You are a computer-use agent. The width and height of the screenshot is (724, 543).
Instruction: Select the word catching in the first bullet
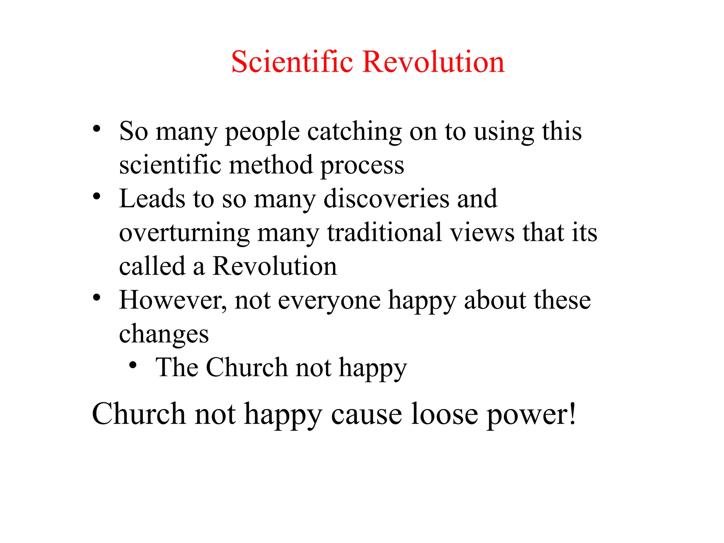tap(354, 132)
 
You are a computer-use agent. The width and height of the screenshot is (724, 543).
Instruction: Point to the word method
tap(271, 165)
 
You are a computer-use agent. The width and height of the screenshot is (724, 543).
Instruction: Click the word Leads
tap(152, 199)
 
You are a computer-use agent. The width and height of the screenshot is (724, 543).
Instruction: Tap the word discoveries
tap(386, 199)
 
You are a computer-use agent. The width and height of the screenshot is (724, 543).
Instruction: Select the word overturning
tap(184, 233)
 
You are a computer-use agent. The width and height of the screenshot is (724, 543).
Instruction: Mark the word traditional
tap(385, 233)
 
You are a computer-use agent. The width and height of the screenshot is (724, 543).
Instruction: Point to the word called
tap(152, 266)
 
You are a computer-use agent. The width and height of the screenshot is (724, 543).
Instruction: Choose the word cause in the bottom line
tap(366, 415)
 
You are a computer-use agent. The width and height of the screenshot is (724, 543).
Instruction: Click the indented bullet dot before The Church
tap(133, 365)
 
